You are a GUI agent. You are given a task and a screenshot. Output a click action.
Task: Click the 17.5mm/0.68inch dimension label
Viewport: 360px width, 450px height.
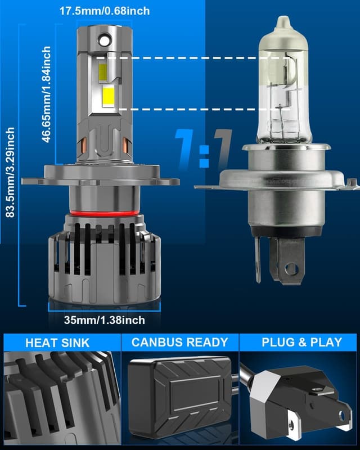click(105, 11)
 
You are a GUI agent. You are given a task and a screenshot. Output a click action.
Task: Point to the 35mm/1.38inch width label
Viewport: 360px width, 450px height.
click(104, 320)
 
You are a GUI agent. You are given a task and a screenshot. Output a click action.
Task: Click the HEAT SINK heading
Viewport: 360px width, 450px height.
click(57, 343)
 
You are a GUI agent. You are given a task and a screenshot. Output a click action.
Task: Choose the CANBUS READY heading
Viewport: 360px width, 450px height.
click(179, 343)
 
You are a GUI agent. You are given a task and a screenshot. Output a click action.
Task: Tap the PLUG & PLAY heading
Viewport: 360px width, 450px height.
click(301, 343)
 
